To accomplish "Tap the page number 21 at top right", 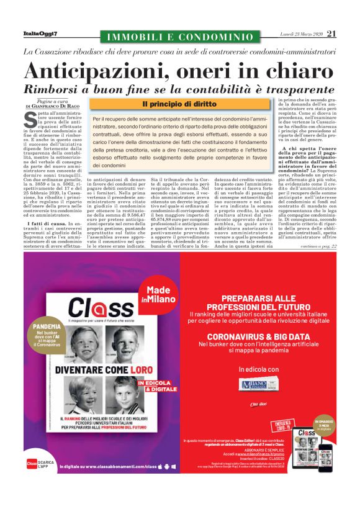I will click(x=331, y=34).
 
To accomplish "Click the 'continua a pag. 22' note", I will click(x=316, y=247).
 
